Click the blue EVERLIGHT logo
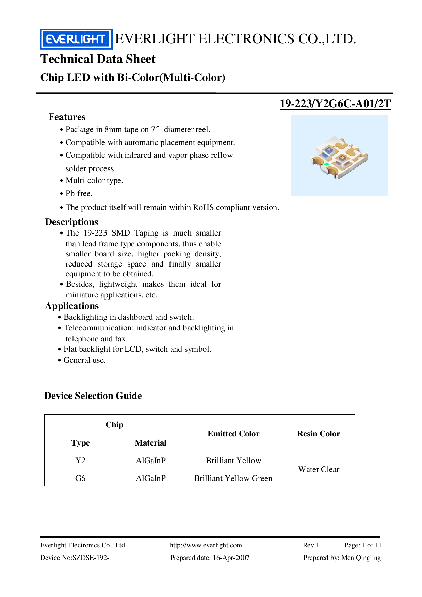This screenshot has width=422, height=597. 76,39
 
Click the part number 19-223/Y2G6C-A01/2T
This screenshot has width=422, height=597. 335,103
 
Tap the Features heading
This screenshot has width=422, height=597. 67,117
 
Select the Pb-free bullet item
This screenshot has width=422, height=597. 79,194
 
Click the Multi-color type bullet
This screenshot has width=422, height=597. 94,181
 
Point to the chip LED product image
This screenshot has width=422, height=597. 339,156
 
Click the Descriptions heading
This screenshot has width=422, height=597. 71,222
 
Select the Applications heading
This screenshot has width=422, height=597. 72,306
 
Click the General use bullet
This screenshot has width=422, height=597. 84,360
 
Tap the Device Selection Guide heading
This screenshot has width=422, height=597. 93,396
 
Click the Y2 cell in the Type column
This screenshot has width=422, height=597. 80,461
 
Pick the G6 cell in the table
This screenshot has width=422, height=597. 80,478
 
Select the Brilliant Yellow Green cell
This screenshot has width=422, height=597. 233,478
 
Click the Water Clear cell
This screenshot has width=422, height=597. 319,469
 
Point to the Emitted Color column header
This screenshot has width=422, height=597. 233,434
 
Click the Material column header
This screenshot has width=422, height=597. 150,443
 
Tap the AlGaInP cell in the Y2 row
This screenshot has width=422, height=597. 150,461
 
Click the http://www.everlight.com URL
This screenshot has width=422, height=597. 206,545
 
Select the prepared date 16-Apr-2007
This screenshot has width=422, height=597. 231,558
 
